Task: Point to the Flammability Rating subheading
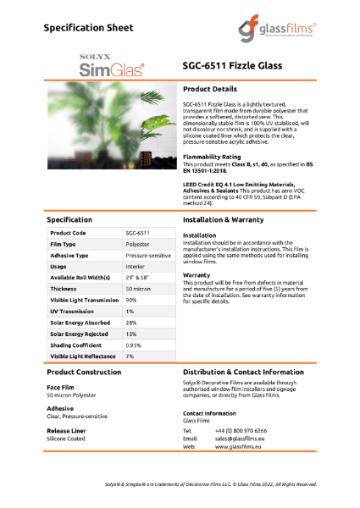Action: pos(212,157)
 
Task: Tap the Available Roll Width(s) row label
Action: pos(81,278)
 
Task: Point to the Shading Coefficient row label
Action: pos(76,345)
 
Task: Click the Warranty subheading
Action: pos(197,275)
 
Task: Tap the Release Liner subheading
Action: pos(68,431)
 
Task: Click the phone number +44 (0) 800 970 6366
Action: pos(241,430)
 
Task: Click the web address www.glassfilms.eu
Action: pos(236,447)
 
